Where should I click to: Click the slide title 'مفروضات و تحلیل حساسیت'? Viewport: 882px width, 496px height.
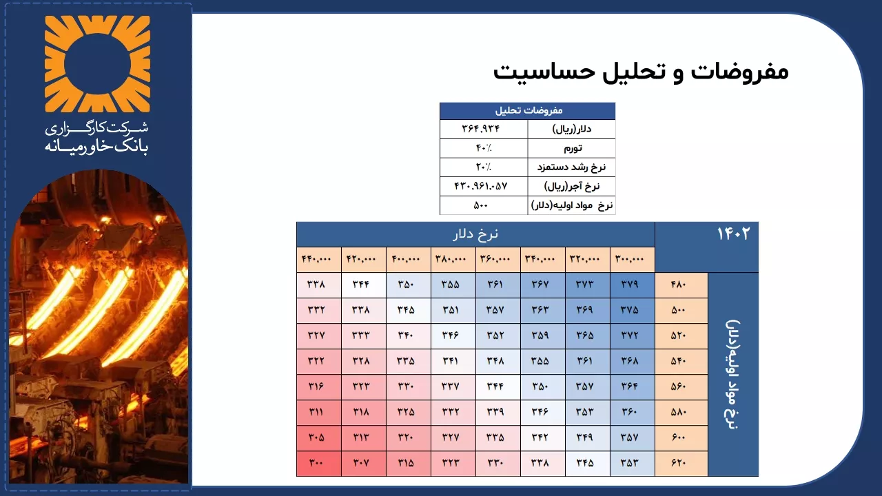point(641,72)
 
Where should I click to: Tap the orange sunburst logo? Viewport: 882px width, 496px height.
point(97,64)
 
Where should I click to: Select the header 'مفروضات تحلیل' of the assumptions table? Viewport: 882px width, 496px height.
point(529,111)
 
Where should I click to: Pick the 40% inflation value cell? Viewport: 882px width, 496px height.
point(484,148)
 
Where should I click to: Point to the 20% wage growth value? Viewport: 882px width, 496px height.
point(484,167)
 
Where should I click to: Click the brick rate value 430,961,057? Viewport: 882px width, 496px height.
point(481,186)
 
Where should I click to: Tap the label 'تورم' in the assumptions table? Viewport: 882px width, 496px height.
point(573,148)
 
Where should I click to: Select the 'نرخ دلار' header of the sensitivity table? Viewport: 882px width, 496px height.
point(475,234)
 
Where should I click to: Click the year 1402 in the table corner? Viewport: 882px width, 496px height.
point(733,234)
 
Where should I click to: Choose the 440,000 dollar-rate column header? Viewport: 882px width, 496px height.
point(318,260)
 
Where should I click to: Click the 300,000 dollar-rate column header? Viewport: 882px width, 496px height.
point(633,260)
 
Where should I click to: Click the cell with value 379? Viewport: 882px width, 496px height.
point(633,285)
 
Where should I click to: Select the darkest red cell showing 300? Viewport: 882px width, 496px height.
point(318,464)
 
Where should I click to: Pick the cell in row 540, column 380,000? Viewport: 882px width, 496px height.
point(453,361)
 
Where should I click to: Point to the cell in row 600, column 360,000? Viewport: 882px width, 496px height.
point(498,437)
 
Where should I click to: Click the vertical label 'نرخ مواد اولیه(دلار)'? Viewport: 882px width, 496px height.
point(732,374)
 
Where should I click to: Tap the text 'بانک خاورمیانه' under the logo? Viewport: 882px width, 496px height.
point(96,147)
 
